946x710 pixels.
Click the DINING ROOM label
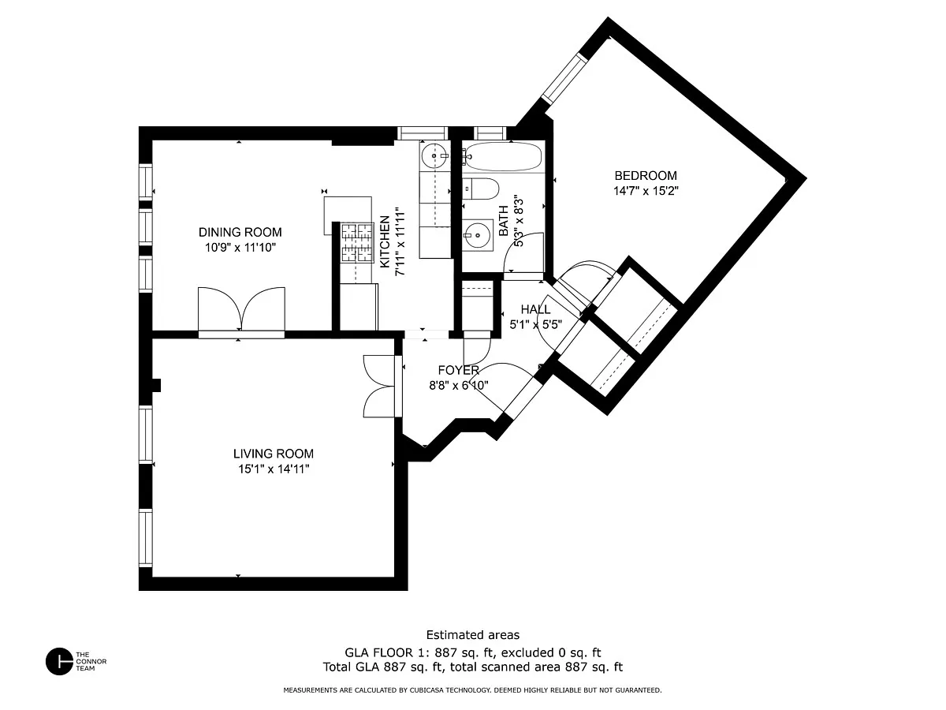tap(240, 233)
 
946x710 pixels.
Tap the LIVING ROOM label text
tap(274, 454)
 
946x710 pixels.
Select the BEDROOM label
tap(646, 175)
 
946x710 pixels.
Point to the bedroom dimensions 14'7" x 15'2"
tap(646, 191)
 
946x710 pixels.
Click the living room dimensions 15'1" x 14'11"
tap(274, 469)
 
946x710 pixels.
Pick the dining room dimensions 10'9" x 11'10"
tap(240, 248)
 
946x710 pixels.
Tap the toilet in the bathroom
tap(481, 189)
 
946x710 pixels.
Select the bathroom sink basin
tap(478, 235)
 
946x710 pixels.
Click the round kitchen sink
tap(434, 155)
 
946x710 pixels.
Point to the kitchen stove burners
tap(357, 243)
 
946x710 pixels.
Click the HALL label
tap(535, 309)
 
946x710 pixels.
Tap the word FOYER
tap(458, 370)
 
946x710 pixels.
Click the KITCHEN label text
tap(385, 241)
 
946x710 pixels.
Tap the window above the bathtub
tap(490, 133)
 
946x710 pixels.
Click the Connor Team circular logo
tap(59, 661)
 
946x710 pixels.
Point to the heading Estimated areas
tap(473, 635)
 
